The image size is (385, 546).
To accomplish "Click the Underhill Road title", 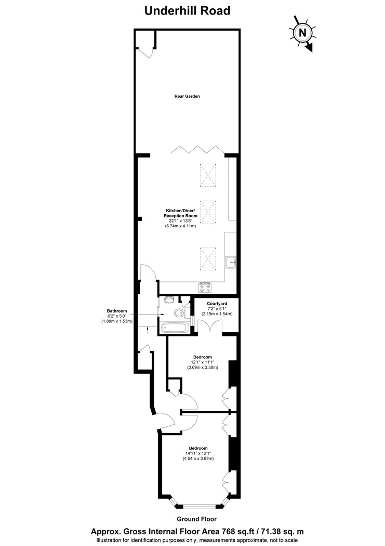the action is (187, 11).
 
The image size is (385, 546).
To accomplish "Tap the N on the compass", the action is (303, 33).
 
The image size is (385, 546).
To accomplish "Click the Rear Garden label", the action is (187, 96).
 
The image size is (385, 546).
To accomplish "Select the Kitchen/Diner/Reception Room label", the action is (180, 213).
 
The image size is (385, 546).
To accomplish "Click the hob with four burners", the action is (205, 287).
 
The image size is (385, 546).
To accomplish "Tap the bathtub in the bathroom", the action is (175, 328).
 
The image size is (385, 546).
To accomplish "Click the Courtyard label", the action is (217, 304).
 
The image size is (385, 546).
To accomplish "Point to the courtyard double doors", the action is (209, 327).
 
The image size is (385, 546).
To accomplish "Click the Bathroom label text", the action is (117, 311).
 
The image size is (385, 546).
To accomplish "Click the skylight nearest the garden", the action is (208, 176).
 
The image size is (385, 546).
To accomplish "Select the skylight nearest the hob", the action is (208, 259).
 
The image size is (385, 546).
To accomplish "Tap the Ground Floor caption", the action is (196, 519).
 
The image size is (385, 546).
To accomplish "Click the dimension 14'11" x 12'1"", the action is (198, 453).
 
